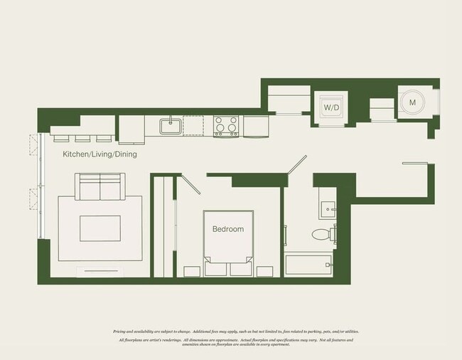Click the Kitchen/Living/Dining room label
100,154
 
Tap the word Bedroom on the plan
227,229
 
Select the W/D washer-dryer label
331,107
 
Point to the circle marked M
412,103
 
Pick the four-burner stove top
226,126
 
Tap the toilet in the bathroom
321,233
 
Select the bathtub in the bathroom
310,264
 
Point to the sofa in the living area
100,186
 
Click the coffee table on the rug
100,228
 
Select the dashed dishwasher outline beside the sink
193,126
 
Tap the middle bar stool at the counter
83,137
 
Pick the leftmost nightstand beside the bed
193,270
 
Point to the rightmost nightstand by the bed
265,270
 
